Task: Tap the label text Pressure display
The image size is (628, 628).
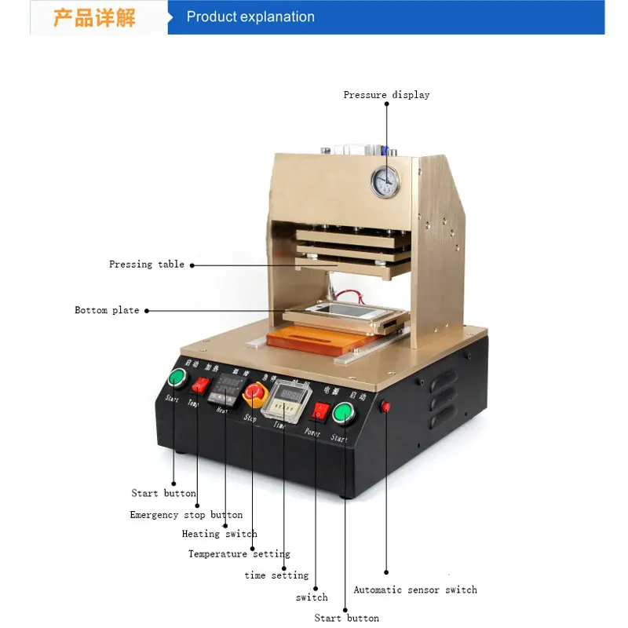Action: (x=386, y=95)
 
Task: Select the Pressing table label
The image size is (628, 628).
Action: (x=147, y=265)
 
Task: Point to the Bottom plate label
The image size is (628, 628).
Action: (x=107, y=310)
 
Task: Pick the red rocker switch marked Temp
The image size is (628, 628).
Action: (x=202, y=385)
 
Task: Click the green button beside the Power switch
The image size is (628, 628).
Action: (x=343, y=414)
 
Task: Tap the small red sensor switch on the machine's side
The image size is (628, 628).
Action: (x=385, y=407)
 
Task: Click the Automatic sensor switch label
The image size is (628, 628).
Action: (x=414, y=590)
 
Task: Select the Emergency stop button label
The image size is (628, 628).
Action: (x=186, y=515)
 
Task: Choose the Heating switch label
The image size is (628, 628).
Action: (x=219, y=534)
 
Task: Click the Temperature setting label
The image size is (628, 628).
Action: (x=239, y=554)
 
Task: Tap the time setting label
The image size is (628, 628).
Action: (x=276, y=575)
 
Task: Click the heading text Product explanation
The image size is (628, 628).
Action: (x=250, y=17)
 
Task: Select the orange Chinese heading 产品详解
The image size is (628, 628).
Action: (x=94, y=18)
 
